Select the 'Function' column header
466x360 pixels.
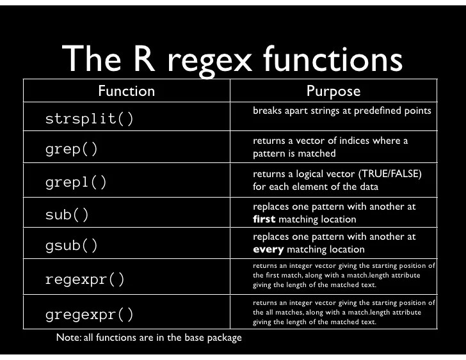click(x=126, y=91)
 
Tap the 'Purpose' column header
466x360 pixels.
click(x=333, y=91)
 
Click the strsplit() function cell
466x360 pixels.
click(x=90, y=120)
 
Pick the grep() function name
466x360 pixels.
click(x=72, y=150)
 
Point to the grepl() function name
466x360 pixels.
click(x=76, y=182)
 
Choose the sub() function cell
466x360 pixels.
click(x=67, y=214)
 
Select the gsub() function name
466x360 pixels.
click(x=72, y=245)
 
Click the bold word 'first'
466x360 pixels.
click(x=264, y=219)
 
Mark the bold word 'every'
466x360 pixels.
click(x=268, y=249)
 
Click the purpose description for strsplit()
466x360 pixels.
click(x=342, y=111)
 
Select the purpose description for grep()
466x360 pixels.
click(x=330, y=147)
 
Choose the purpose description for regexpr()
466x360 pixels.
click(x=344, y=276)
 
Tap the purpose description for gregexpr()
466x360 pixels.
click(x=344, y=312)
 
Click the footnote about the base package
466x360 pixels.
click(x=149, y=337)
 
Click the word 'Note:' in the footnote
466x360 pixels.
click(x=68, y=337)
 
